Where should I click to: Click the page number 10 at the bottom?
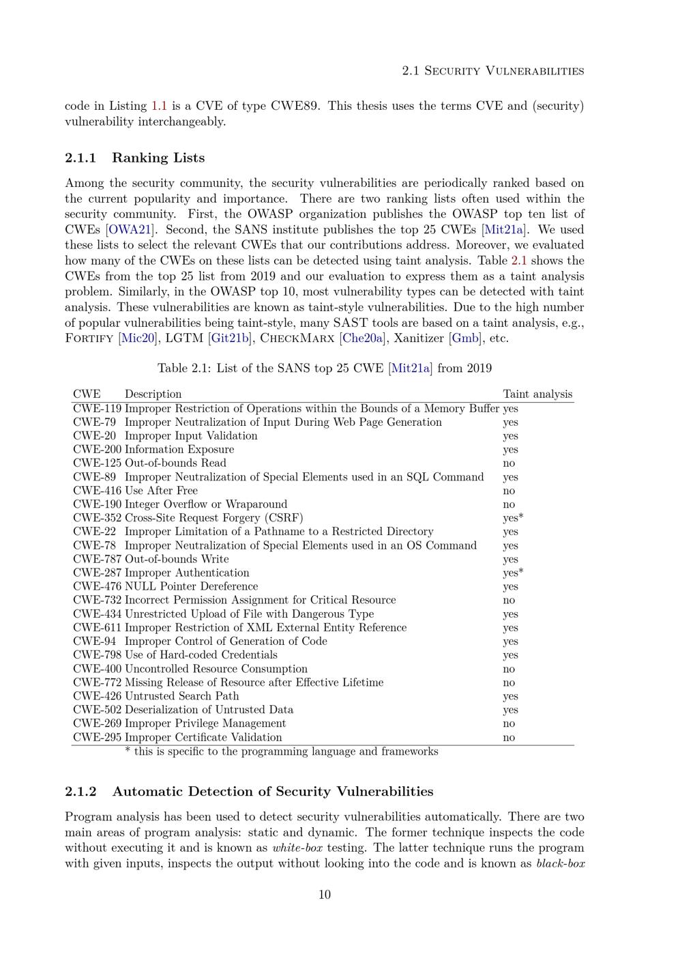click(325, 895)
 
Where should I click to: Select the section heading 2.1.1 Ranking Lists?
click(134, 158)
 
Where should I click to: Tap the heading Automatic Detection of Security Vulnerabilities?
click(273, 792)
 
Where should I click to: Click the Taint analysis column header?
click(537, 394)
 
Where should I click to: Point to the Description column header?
click(153, 394)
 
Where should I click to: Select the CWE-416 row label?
click(97, 491)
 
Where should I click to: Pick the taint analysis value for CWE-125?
click(509, 463)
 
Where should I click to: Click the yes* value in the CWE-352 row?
click(513, 518)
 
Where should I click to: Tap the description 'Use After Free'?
click(161, 491)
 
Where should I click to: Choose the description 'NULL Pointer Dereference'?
click(191, 586)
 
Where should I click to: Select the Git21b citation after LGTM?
click(230, 338)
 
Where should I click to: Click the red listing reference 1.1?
click(159, 106)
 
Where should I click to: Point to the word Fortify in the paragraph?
click(89, 338)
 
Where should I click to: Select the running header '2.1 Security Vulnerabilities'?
click(492, 71)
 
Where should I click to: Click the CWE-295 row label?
click(97, 737)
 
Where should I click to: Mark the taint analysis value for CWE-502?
click(510, 710)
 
